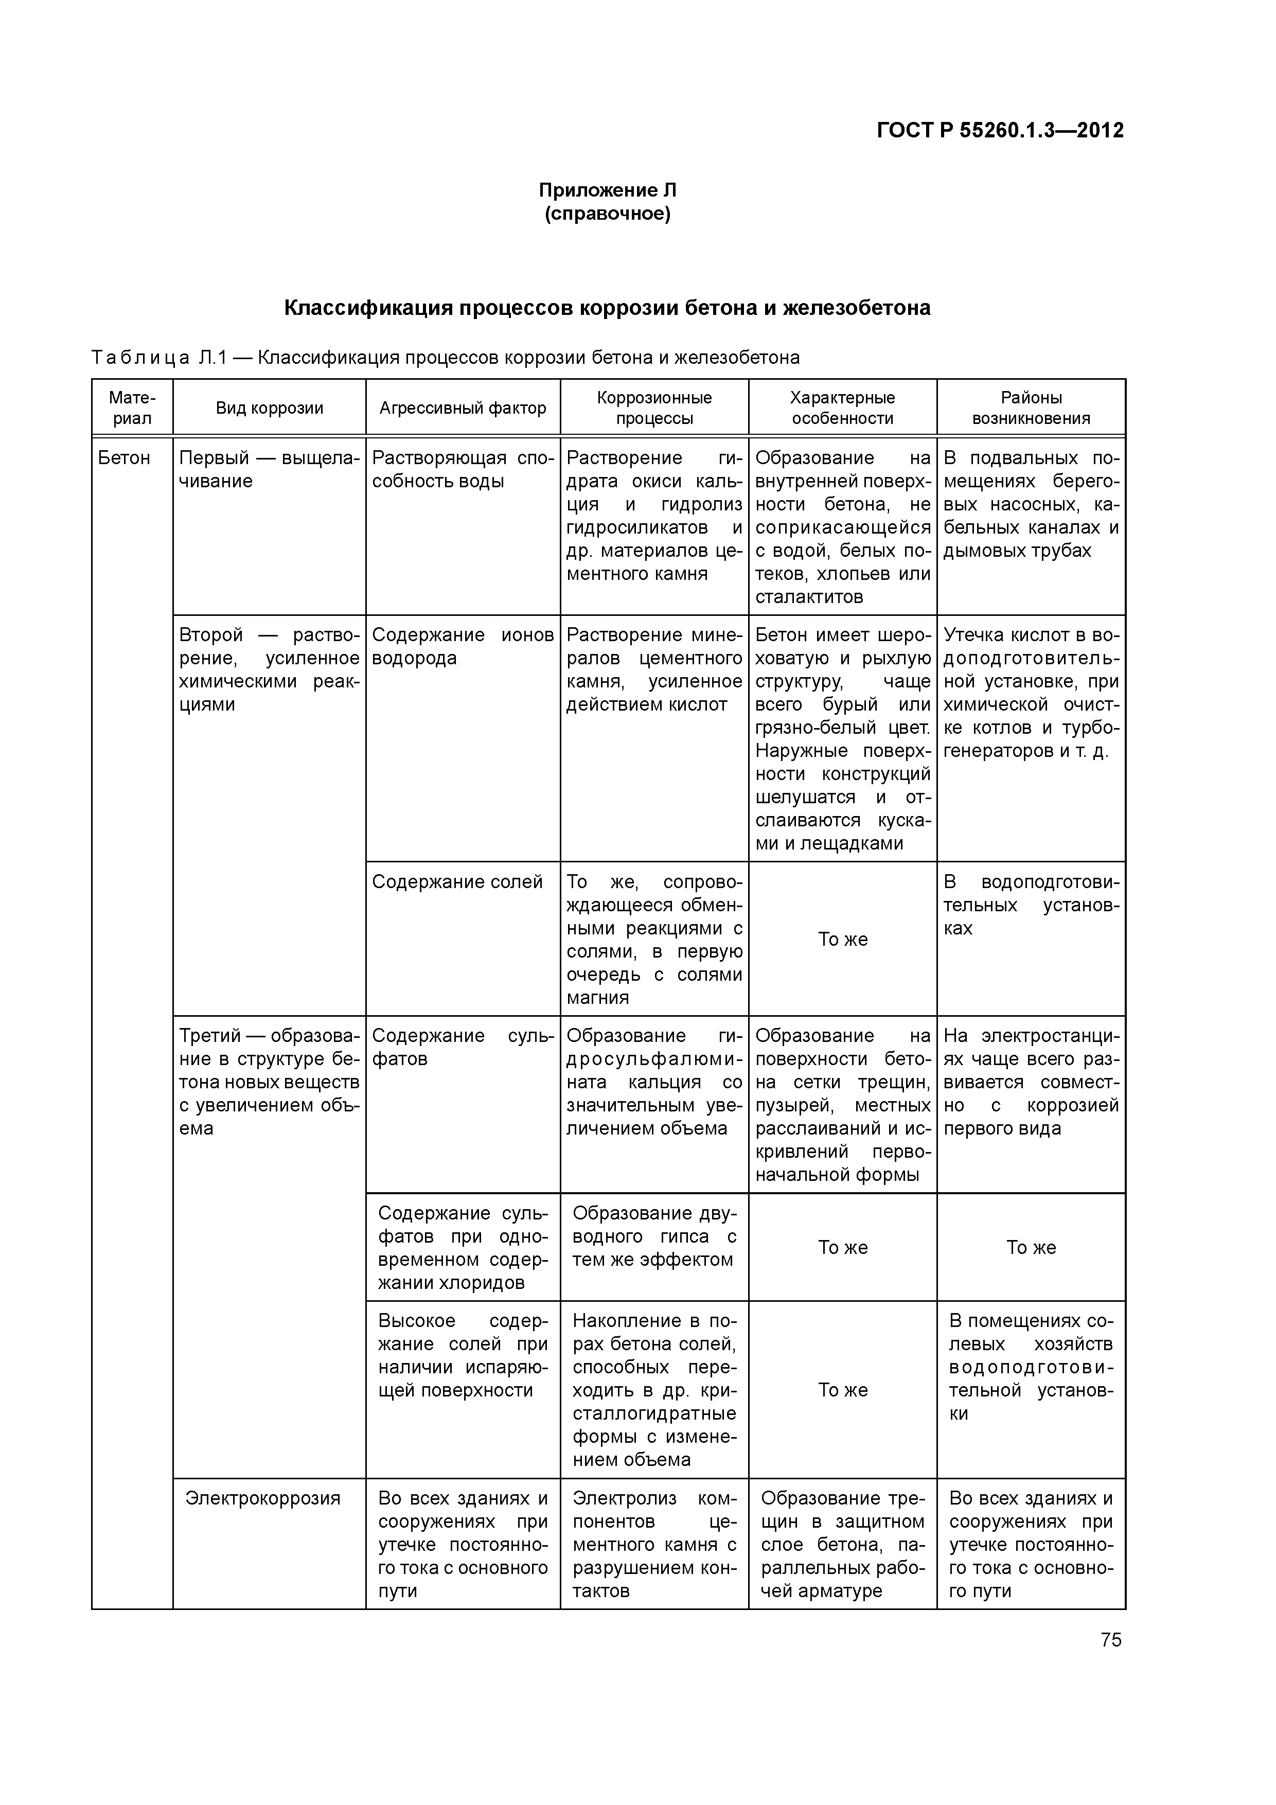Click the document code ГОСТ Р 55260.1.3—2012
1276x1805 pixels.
(1000, 131)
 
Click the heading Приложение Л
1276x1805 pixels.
(607, 190)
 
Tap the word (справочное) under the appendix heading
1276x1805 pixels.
(607, 214)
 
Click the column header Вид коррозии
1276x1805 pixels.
(270, 408)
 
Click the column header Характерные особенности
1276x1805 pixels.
(842, 408)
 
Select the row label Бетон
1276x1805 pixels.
(124, 458)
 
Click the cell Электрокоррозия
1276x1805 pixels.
(262, 1498)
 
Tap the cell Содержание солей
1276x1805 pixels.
(457, 882)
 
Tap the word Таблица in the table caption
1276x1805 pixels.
(140, 359)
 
